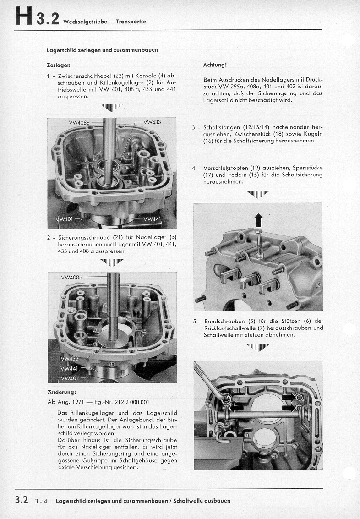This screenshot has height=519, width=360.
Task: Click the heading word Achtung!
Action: tap(215, 65)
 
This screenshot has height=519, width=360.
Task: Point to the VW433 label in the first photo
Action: tap(153, 122)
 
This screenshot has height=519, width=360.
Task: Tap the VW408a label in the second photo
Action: tap(71, 277)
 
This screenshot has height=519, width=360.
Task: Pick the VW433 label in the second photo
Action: tap(70, 359)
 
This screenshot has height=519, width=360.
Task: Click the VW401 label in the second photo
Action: tap(70, 378)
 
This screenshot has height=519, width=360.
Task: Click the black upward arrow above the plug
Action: tap(259, 220)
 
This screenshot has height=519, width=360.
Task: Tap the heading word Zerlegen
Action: tap(58, 65)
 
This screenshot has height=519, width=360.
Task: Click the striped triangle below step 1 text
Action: tap(111, 107)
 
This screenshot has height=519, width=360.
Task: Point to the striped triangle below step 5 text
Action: tap(258, 347)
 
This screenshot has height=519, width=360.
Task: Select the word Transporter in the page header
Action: tap(131, 22)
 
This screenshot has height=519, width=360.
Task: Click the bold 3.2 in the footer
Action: tap(22, 500)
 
